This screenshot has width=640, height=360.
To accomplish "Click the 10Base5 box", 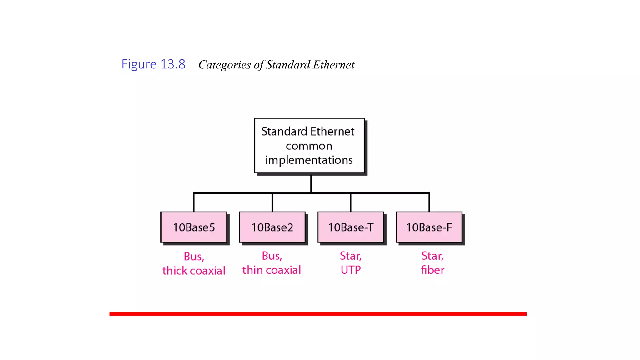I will click(194, 227).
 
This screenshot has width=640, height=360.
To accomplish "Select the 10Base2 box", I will click(272, 227).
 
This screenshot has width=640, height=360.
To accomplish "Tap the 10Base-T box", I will click(351, 227).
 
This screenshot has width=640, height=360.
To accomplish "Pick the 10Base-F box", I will click(429, 227).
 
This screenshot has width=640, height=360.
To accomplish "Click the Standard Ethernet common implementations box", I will click(309, 146).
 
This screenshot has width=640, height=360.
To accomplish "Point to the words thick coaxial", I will click(194, 271).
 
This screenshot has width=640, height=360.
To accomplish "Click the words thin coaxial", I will click(272, 270).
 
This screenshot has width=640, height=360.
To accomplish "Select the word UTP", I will click(351, 270).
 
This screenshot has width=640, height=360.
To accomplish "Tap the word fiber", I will click(432, 270).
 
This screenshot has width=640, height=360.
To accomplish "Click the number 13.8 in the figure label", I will click(173, 64).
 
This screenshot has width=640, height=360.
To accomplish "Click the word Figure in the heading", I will click(139, 65).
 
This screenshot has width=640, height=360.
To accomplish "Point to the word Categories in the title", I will click(224, 65).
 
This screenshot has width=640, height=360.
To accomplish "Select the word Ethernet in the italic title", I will click(334, 65).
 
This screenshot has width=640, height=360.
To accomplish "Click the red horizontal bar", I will click(318, 314).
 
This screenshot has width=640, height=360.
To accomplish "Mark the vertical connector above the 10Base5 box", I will click(194, 202).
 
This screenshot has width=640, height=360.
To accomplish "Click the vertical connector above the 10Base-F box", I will click(429, 202).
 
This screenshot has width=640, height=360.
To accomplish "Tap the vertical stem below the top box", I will click(311, 183).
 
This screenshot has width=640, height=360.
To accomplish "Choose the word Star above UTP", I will click(350, 256).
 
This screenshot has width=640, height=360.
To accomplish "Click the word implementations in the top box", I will click(309, 160).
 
